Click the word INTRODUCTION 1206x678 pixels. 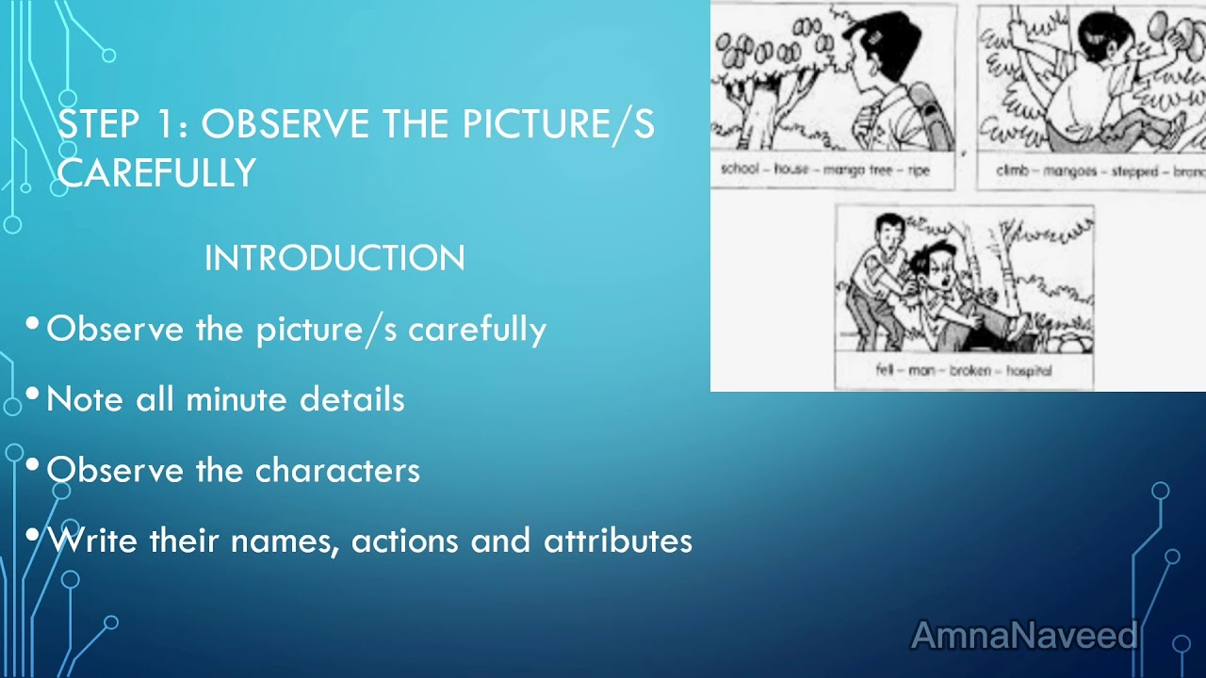click(x=334, y=259)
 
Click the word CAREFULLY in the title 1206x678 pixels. click(x=156, y=173)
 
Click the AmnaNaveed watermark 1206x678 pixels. click(x=1024, y=636)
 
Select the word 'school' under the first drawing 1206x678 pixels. click(x=740, y=170)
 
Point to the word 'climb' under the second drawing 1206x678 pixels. click(x=1014, y=170)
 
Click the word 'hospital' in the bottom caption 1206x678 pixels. click(x=1029, y=371)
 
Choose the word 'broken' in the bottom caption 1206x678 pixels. click(x=970, y=371)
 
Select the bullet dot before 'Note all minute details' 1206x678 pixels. click(x=34, y=395)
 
